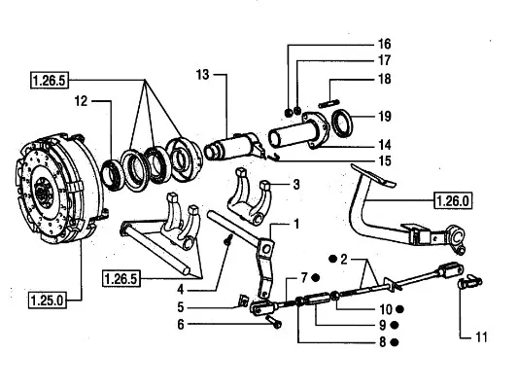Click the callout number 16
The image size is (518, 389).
point(384,44)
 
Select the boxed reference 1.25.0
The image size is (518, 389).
point(48,301)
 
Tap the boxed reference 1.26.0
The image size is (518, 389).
point(453,200)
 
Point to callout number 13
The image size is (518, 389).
point(202,74)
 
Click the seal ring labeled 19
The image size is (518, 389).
point(342,124)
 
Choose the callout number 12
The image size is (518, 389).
point(81,101)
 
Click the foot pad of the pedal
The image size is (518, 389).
point(373,174)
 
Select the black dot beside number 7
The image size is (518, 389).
point(316,277)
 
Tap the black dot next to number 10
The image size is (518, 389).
point(399,309)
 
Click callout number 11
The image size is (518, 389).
point(481,337)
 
